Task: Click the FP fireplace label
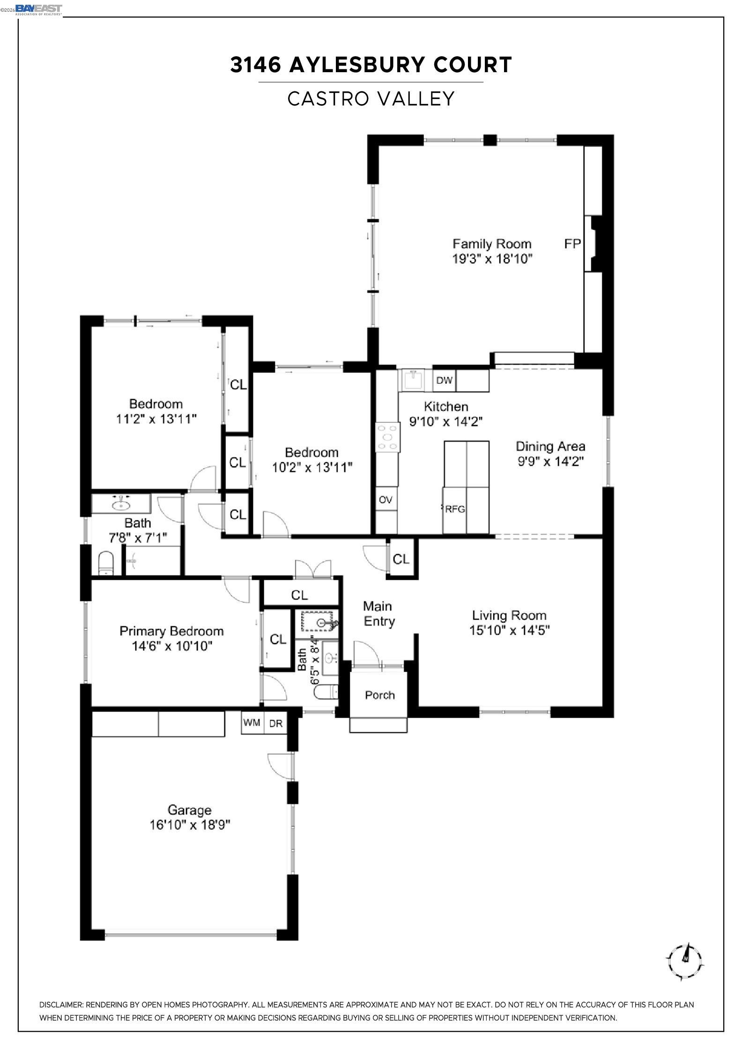click(572, 244)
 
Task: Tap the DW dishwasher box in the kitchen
click(444, 381)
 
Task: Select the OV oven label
click(385, 500)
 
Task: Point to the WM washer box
click(252, 723)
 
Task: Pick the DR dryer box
click(276, 723)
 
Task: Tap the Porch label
click(379, 695)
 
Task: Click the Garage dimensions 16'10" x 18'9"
click(190, 825)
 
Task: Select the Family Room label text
click(492, 244)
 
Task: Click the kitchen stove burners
click(388, 437)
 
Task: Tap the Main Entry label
click(378, 614)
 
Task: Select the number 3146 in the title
click(255, 65)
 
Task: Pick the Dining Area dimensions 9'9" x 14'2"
click(550, 462)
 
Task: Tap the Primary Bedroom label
click(171, 631)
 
